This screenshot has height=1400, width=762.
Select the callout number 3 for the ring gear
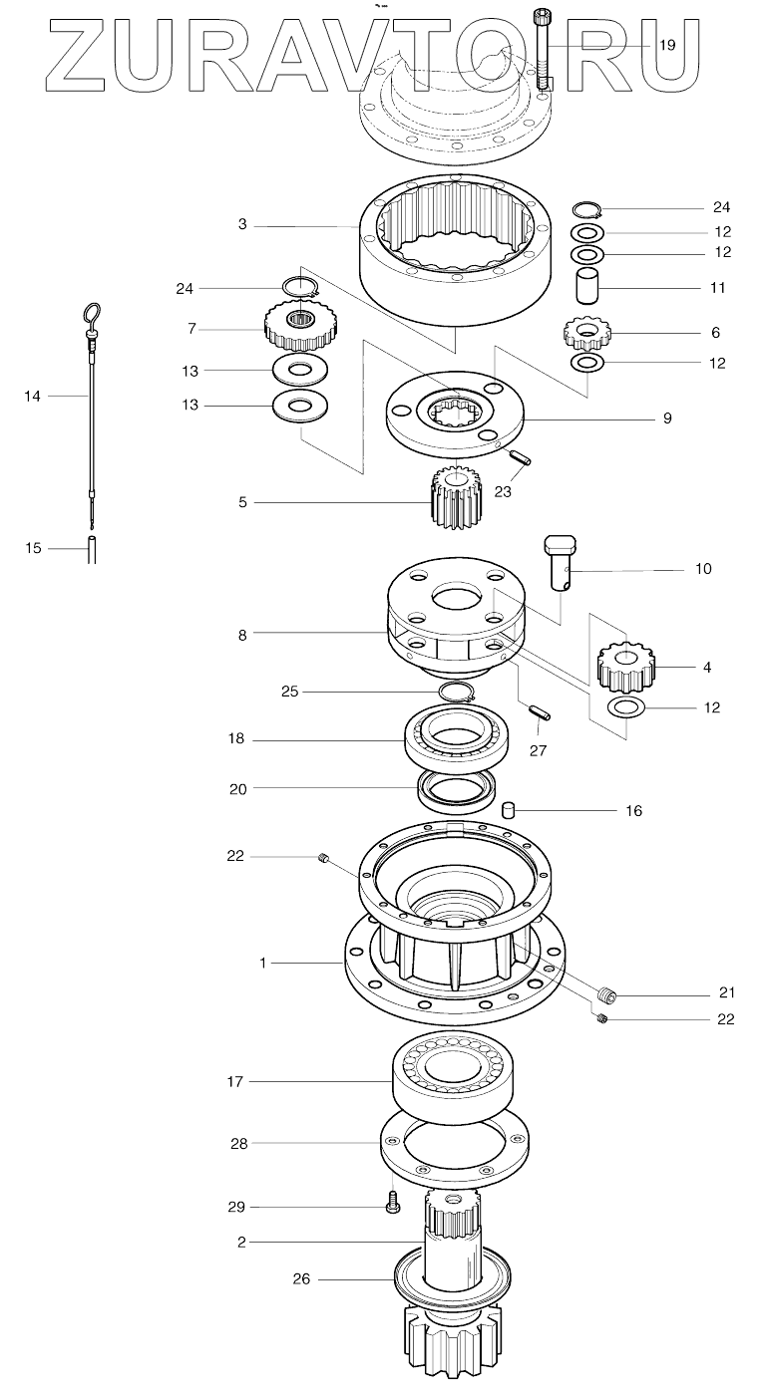[242, 225]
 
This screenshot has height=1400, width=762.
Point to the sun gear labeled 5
[456, 499]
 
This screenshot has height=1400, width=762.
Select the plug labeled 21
[607, 993]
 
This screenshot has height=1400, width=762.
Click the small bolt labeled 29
[392, 1207]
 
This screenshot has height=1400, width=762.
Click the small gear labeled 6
[585, 332]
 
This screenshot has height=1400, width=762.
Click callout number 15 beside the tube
[34, 548]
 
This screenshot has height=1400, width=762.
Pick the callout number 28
[239, 1144]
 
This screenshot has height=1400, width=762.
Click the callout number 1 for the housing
[263, 964]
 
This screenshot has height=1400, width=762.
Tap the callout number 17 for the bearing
[235, 1081]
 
